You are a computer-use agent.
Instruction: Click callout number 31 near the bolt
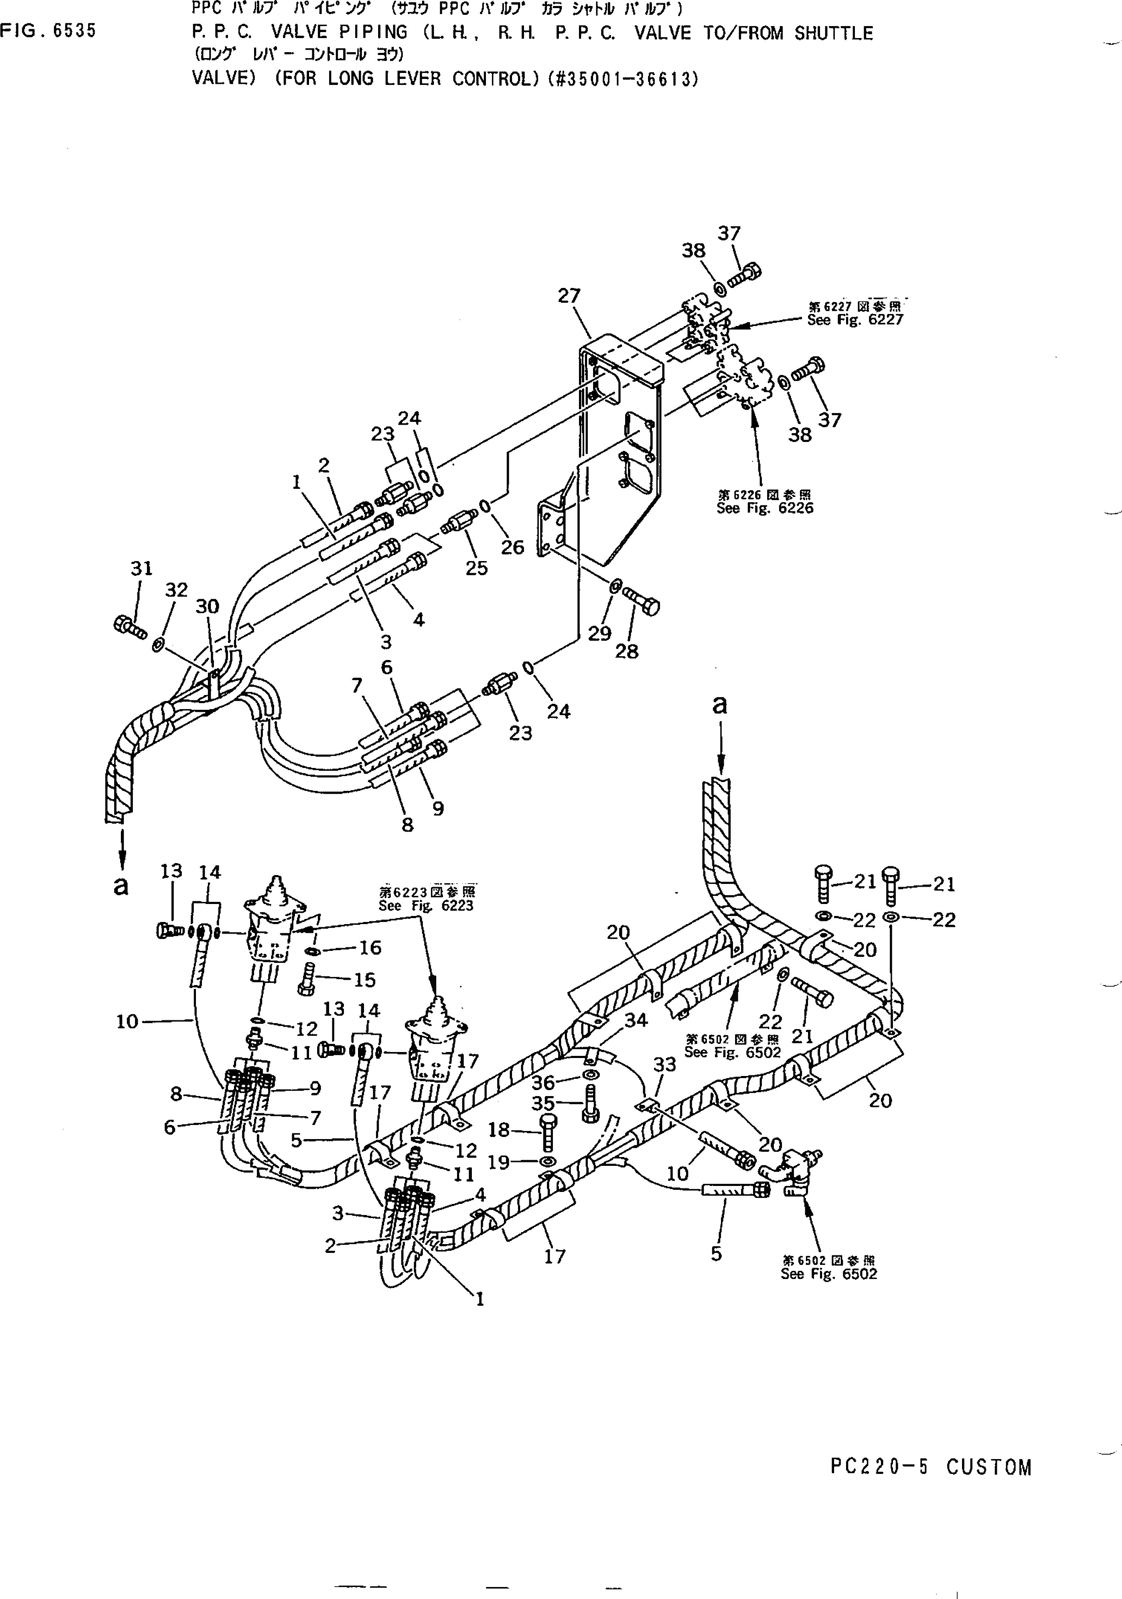(x=141, y=568)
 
